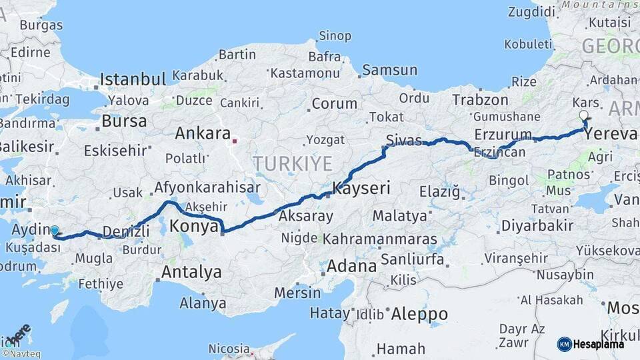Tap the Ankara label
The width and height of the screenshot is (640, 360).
(203, 133)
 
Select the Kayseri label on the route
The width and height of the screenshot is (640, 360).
(361, 189)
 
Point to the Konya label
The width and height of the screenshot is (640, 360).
(194, 227)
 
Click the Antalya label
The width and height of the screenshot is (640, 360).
(191, 272)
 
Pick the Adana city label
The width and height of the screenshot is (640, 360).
(351, 266)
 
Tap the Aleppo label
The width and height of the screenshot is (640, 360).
(419, 313)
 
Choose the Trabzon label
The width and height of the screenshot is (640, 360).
(480, 100)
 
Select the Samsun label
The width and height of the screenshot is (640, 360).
(389, 70)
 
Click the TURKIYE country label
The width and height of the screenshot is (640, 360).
(292, 163)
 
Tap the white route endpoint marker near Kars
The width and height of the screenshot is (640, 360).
(584, 115)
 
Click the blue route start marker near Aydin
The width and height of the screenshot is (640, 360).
(55, 231)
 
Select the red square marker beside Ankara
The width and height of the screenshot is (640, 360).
(235, 141)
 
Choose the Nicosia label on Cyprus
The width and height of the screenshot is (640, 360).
(229, 349)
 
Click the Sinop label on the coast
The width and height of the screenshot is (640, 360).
(335, 36)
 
